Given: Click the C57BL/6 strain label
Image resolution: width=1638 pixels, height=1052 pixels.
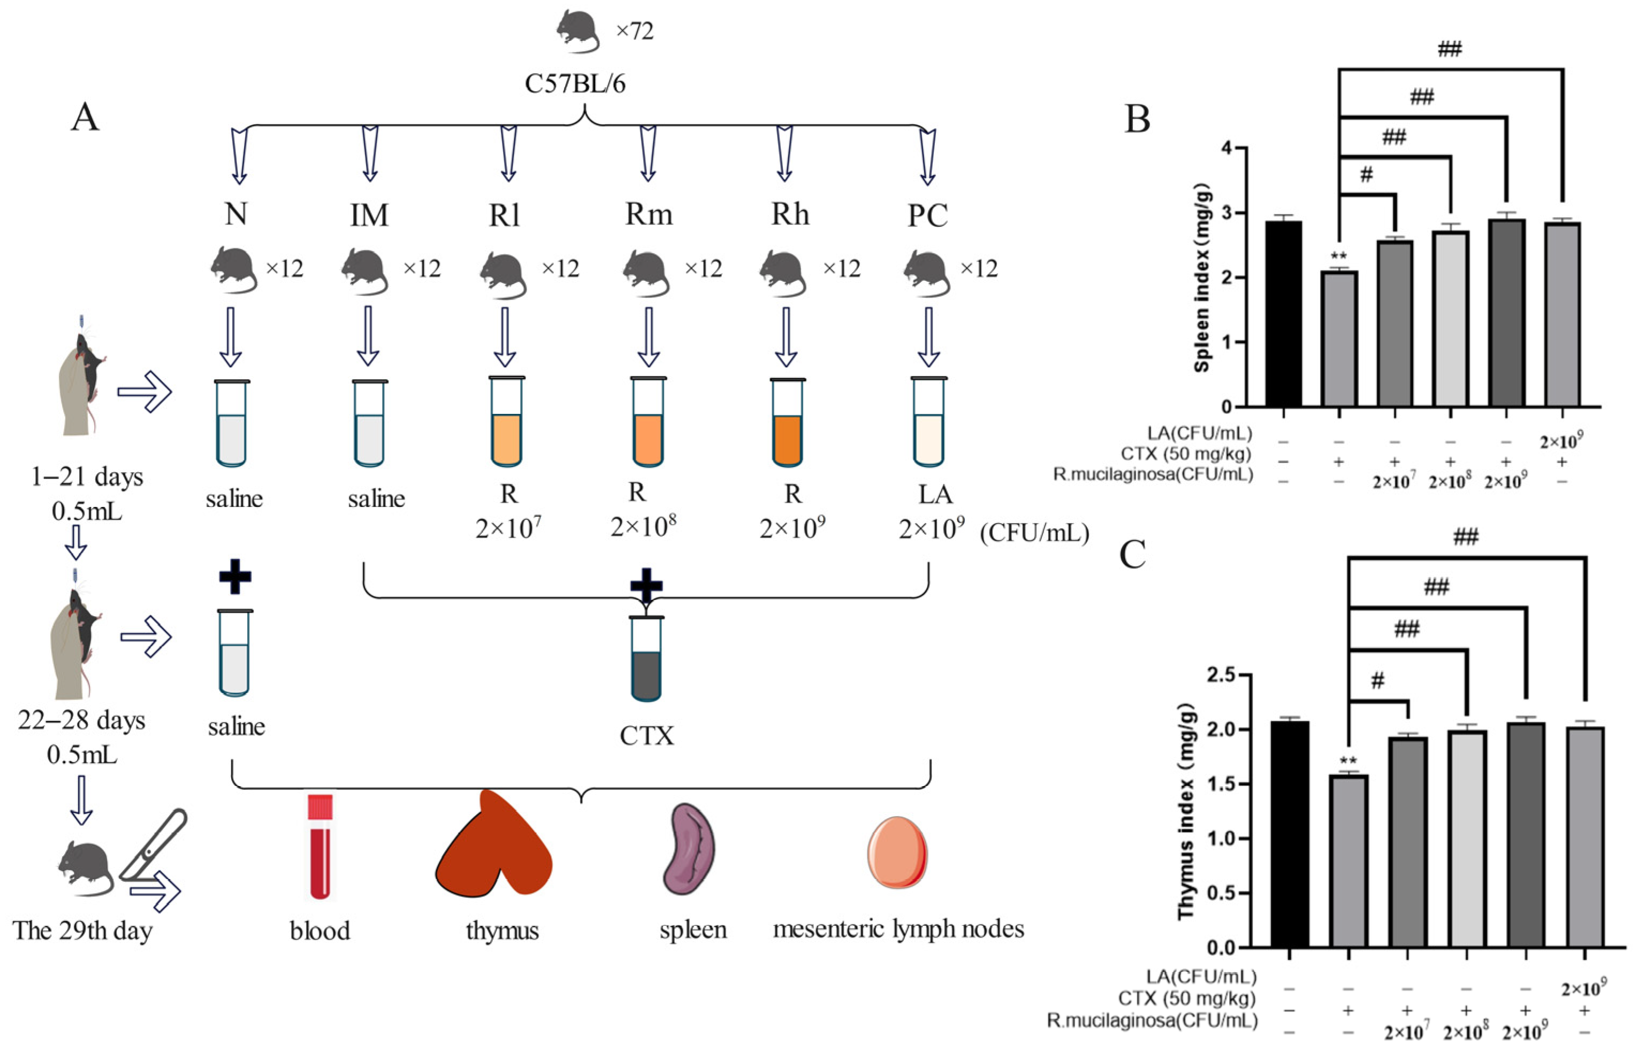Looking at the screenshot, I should [x=575, y=84].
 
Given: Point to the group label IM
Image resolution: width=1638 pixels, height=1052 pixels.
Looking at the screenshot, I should [x=369, y=215].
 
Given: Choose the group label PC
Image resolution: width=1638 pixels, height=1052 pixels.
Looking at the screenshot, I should [x=927, y=215].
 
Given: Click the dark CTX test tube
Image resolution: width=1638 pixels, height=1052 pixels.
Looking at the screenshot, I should [x=646, y=660].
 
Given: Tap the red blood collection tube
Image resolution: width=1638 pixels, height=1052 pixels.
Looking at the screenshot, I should [x=320, y=847].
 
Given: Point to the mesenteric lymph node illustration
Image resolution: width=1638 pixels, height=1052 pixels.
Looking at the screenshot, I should [x=897, y=853].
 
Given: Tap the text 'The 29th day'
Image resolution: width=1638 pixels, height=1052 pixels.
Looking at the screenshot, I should [x=83, y=931].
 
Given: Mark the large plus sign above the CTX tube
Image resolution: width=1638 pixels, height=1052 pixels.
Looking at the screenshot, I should [x=646, y=584].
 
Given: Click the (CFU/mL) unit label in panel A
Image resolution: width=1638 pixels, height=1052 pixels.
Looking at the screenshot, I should [x=1034, y=532].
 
